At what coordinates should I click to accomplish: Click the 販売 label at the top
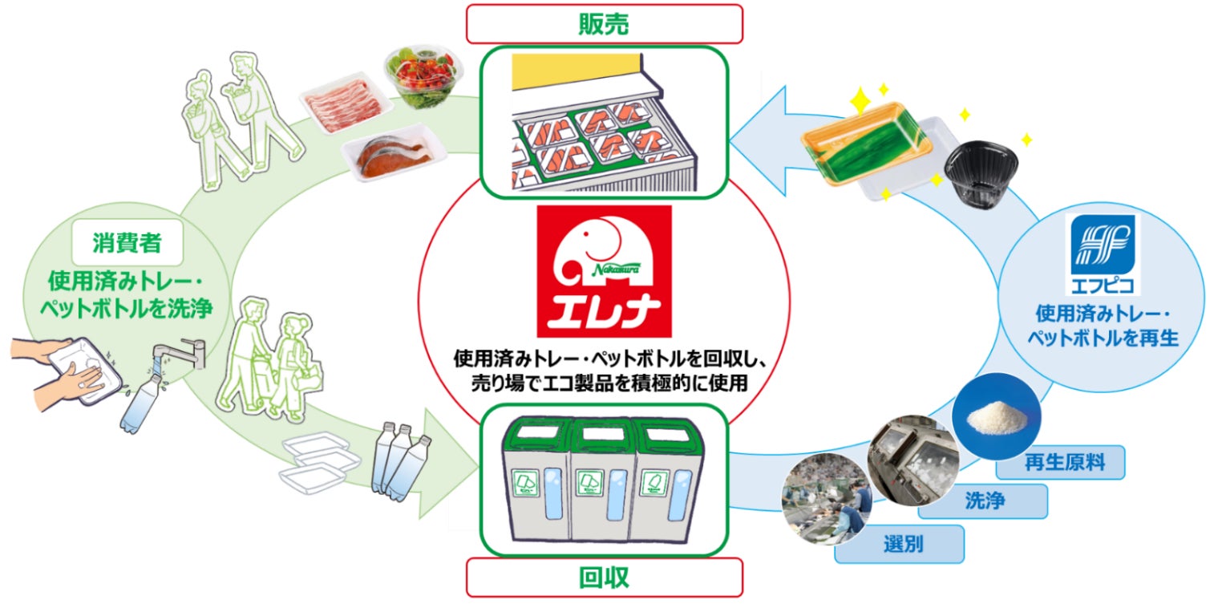pyautogui.click(x=604, y=24)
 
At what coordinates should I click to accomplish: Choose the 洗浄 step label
pyautogui.click(x=985, y=501)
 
